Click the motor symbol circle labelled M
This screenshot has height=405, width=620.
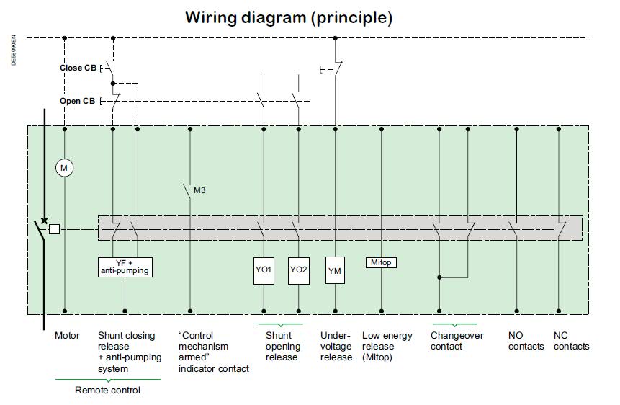coord(64,168)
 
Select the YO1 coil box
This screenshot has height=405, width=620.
coord(264,271)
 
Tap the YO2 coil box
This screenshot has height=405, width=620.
coord(299,271)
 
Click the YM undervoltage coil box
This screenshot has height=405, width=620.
coord(335,270)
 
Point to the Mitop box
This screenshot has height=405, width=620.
coord(381,262)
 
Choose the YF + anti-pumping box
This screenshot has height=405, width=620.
coord(125,267)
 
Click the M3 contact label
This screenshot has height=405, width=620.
coord(199,190)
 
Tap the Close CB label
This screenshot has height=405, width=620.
coord(78,68)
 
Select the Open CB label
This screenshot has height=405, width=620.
coord(78,101)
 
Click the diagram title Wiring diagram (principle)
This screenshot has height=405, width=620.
coord(289,17)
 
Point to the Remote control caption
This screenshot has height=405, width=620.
coord(107,391)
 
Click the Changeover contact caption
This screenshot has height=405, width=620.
coord(457,341)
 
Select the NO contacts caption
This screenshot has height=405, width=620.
coord(526,341)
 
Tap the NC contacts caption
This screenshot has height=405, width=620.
coord(571,341)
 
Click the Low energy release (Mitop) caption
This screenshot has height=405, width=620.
coord(387,347)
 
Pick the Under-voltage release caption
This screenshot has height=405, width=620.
coord(336,347)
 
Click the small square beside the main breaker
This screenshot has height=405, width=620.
coord(54,229)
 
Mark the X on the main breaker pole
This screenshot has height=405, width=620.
coord(45,221)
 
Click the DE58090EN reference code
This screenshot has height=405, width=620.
coord(14,50)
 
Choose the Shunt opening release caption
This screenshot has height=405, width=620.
coord(283,347)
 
